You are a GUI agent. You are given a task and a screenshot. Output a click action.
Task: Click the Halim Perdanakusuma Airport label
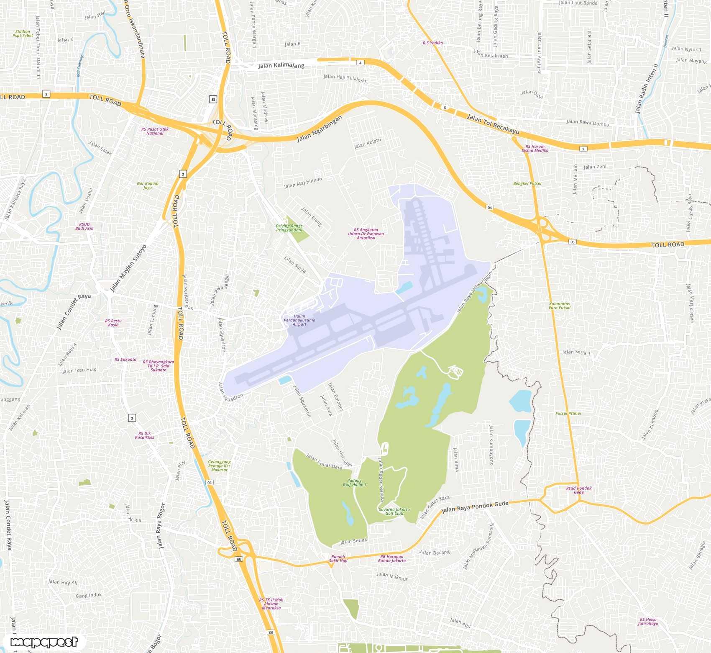point(299,320)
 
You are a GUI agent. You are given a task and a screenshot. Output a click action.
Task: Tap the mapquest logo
point(44,642)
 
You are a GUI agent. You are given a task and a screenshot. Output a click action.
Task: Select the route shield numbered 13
point(213,99)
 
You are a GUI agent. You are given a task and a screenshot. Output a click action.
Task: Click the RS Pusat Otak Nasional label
point(155,131)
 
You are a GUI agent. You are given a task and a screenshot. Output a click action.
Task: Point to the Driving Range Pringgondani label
point(289,228)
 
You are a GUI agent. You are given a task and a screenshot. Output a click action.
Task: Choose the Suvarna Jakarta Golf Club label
point(394,512)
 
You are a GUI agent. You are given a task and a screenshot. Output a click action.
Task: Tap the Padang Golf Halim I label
point(354,483)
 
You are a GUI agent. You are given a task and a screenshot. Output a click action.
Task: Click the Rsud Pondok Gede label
point(579,490)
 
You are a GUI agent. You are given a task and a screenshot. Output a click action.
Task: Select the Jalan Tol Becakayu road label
point(493,124)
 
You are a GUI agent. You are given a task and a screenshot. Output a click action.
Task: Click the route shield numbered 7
point(583,149)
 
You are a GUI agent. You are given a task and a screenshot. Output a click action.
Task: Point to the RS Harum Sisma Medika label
point(535,149)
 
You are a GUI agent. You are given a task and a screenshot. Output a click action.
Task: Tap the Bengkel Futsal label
point(527,183)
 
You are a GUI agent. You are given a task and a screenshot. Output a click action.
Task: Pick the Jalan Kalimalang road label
point(281,65)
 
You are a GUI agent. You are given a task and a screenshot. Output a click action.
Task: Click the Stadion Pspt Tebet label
point(23,33)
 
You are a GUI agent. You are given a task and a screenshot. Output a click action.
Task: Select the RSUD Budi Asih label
point(84,226)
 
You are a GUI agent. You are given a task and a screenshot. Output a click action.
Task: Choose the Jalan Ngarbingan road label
point(320,129)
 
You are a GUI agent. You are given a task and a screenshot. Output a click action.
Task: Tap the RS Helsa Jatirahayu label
point(648,622)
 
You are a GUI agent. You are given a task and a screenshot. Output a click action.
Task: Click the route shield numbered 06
point(271,632)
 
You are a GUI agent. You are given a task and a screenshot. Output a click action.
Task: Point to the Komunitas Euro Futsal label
point(560,306)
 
